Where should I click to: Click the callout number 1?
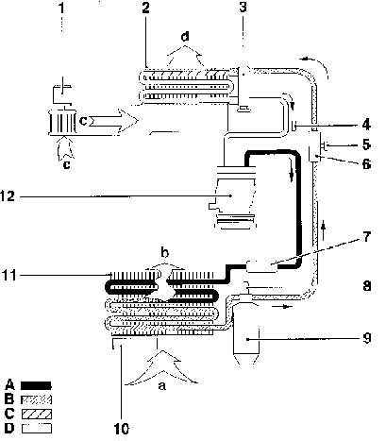[x=61, y=8]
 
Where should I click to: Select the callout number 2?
[x=145, y=8]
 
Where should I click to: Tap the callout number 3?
[x=243, y=8]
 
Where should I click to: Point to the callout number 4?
[x=366, y=125]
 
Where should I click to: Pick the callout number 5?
[x=366, y=144]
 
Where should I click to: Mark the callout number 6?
[x=366, y=163]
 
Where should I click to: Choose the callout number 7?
[x=366, y=237]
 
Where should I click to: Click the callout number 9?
[x=367, y=338]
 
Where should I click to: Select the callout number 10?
[x=121, y=429]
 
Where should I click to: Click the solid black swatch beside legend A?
[x=36, y=385]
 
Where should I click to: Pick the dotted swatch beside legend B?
[x=36, y=399]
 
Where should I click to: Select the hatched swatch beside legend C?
[x=37, y=414]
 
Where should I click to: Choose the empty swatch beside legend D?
[x=37, y=429]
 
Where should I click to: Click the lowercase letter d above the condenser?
[x=185, y=37]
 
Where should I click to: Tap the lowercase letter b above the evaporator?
[x=165, y=252]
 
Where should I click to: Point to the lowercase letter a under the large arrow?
[x=161, y=385]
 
